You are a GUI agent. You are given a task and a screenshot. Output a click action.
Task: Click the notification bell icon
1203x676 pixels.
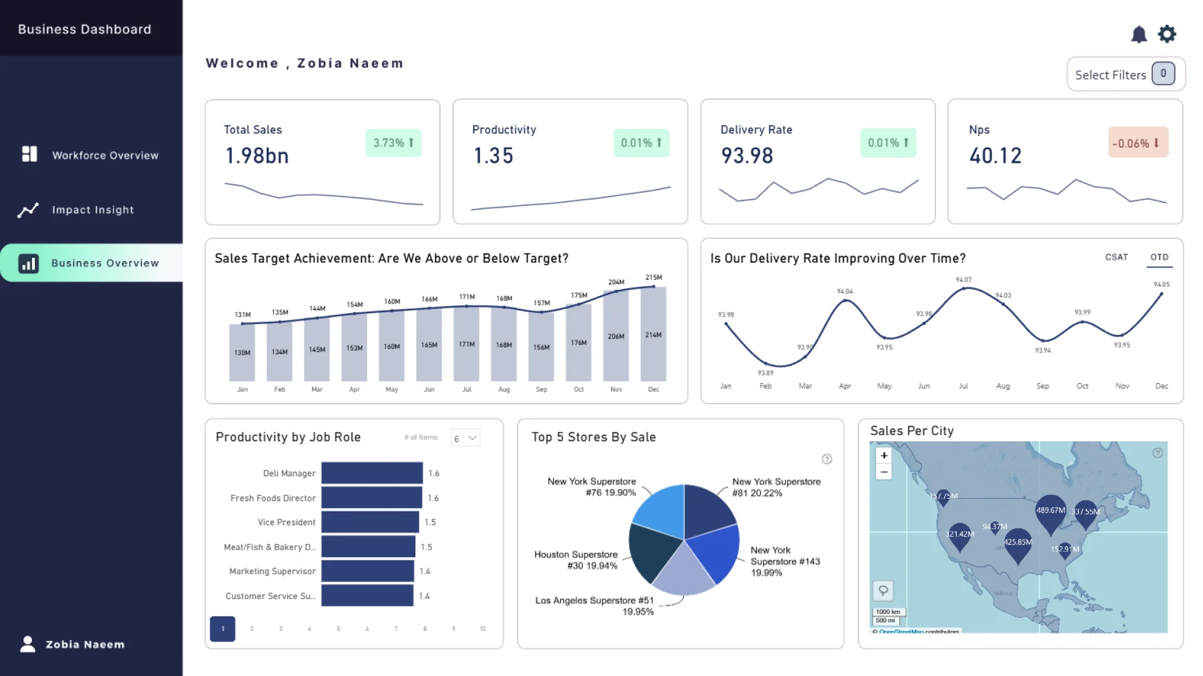tap(1138, 34)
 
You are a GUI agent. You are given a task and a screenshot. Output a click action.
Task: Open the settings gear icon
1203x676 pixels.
tap(1167, 34)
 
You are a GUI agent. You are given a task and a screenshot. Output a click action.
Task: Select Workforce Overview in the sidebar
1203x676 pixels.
tap(105, 155)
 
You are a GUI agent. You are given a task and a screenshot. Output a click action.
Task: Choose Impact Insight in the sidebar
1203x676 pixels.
tap(92, 210)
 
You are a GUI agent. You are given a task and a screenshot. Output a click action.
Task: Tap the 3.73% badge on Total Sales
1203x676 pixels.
tap(393, 143)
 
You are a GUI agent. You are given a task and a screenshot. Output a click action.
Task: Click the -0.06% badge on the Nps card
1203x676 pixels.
tap(1137, 143)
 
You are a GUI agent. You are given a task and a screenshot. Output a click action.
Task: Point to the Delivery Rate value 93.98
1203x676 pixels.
tap(747, 155)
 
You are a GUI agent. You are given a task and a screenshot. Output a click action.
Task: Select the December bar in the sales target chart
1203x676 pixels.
tap(653, 334)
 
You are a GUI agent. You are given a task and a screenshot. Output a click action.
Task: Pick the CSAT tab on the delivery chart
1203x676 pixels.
tap(1116, 257)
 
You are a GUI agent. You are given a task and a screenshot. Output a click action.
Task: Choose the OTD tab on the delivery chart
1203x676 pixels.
tap(1159, 257)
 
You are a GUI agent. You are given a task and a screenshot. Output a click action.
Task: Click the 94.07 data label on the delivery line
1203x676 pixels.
tap(963, 280)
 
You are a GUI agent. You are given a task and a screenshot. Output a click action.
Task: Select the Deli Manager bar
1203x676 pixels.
tap(372, 473)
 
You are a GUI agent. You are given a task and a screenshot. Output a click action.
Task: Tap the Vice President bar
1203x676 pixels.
tap(370, 522)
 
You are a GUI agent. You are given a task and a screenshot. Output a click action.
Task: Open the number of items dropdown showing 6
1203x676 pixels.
tap(466, 438)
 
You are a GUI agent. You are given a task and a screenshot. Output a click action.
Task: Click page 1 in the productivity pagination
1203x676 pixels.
tap(222, 628)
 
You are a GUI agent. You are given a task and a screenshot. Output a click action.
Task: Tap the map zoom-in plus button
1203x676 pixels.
tap(883, 456)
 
